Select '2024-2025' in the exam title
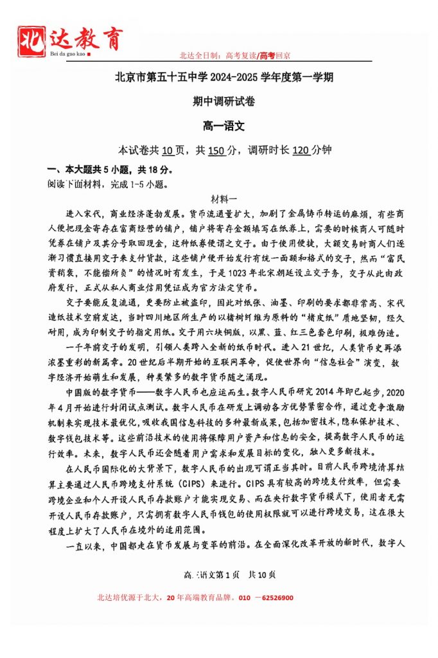tap(235, 78)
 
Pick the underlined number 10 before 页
tap(168, 150)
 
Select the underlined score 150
tap(217, 150)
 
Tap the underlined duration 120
tap(301, 150)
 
